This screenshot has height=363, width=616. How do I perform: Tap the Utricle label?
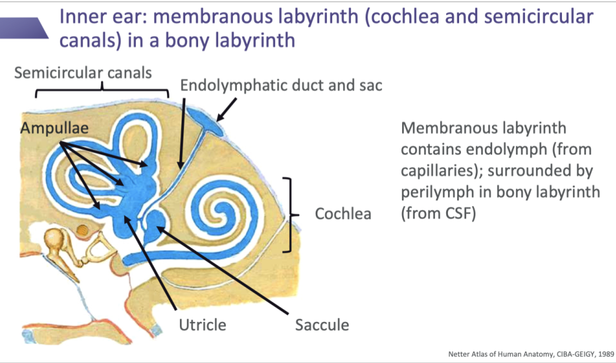tap(203, 324)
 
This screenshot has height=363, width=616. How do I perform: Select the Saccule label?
tap(322, 324)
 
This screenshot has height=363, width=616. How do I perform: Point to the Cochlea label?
tap(343, 213)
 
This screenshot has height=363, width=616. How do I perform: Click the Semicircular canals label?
tap(83, 73)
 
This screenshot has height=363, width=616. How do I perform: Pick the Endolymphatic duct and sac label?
tap(281, 85)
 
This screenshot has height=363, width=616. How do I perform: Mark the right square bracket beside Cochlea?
tap(289, 214)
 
